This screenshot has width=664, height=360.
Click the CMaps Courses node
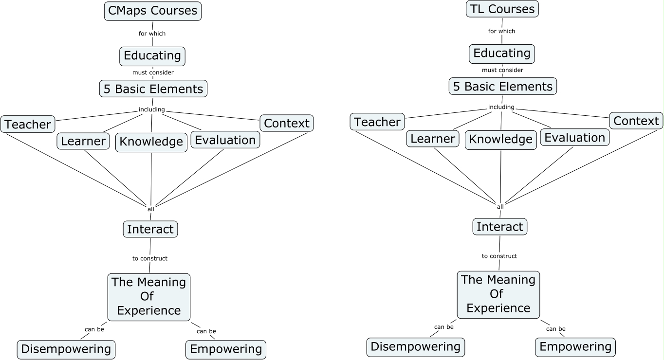coord(153,11)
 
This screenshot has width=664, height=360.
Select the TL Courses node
coord(502,9)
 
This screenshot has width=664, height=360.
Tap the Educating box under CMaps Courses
coord(152,56)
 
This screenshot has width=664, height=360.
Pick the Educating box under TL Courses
coord(502,54)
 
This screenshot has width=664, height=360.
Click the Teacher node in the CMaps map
coord(28,125)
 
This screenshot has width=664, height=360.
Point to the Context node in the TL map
coord(636,121)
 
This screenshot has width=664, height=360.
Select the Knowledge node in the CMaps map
coord(151,142)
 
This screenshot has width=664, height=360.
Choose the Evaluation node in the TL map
coord(574,138)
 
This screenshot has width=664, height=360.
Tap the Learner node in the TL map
coord(433,139)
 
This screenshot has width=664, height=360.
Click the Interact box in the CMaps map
coord(150,229)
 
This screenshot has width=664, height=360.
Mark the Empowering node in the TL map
coord(575,347)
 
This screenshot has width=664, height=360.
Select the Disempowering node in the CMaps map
coord(66,349)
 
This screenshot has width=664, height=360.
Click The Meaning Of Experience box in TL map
coord(498,294)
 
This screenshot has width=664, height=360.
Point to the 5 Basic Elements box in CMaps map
coord(153,89)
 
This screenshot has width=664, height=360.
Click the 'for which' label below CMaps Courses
coord(152,34)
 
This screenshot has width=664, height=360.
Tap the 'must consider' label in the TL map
coord(502,70)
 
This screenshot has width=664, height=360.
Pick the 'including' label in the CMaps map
coord(152,109)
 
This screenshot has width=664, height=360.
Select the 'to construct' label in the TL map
coord(499,256)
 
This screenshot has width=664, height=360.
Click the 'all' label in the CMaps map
coord(151,209)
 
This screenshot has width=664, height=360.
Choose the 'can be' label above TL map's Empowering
coord(555,329)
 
